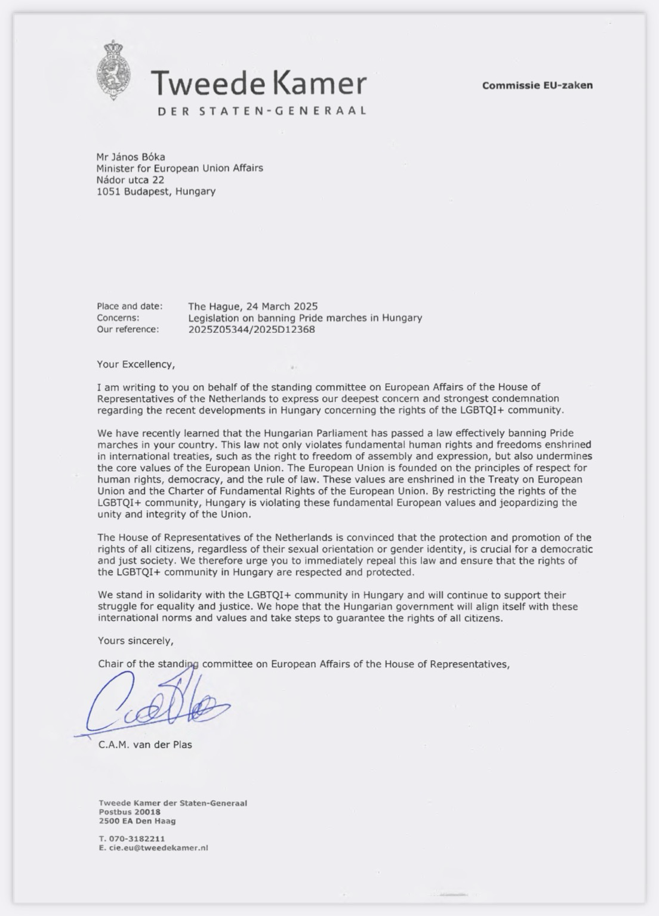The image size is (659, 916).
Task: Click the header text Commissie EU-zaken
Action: (537, 85)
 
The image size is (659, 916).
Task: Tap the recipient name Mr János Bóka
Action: (131, 157)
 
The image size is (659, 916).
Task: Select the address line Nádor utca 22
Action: (130, 180)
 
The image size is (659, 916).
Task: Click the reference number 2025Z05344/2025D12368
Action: (251, 329)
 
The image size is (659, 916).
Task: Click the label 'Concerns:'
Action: (118, 318)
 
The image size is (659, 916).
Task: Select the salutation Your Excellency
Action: (136, 364)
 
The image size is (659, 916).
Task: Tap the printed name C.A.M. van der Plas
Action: (145, 744)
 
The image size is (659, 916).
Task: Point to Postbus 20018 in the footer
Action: (130, 812)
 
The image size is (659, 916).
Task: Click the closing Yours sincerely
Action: (136, 641)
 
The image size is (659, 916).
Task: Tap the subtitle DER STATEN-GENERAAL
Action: (261, 111)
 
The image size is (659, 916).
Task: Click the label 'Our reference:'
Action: (128, 329)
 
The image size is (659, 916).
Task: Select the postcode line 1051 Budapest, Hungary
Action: (156, 191)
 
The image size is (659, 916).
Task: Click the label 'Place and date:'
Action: (130, 307)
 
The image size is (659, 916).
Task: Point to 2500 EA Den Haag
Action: (137, 821)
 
